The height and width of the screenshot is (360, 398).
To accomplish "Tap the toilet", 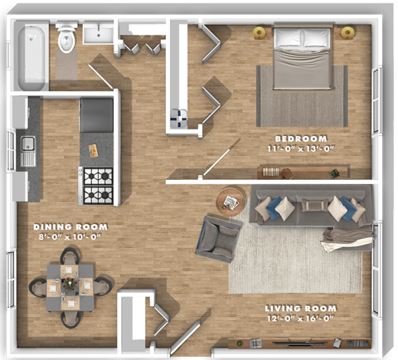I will coord(66,38).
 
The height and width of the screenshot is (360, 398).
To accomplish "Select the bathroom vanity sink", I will coord(101,34).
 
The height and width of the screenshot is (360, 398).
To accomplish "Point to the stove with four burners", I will coord(96,186).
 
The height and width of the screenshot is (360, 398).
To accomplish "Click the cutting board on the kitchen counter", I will coord(94,151).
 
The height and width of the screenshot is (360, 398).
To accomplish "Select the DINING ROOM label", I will coord(66,226).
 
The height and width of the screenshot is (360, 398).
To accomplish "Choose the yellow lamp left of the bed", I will coord(260,32).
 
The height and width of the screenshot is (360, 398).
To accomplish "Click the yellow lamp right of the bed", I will coord(347,32).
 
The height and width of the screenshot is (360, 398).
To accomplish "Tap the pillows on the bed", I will coord(303,37).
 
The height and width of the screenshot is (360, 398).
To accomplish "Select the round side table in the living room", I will coord(231,200).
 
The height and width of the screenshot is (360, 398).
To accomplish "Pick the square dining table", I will coord(70,287).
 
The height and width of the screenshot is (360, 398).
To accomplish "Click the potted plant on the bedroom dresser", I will coord(335,173).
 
